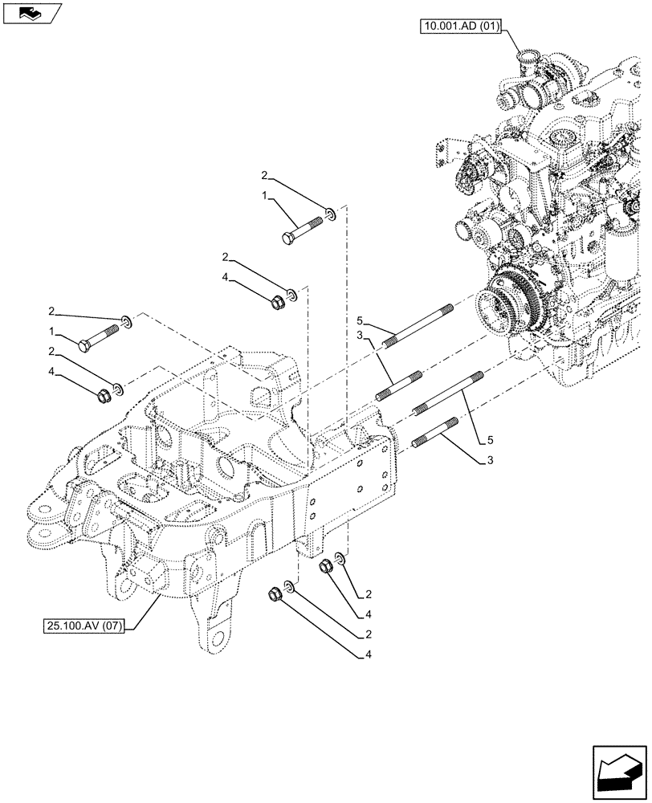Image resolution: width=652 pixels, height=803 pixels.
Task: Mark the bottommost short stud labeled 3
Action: pyautogui.click(x=434, y=434)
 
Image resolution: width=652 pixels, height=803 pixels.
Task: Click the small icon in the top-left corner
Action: pyautogui.click(x=31, y=13)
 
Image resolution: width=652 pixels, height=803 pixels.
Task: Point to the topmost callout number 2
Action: pyautogui.click(x=263, y=175)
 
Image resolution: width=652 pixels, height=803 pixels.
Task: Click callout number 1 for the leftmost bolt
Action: pyautogui.click(x=51, y=330)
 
